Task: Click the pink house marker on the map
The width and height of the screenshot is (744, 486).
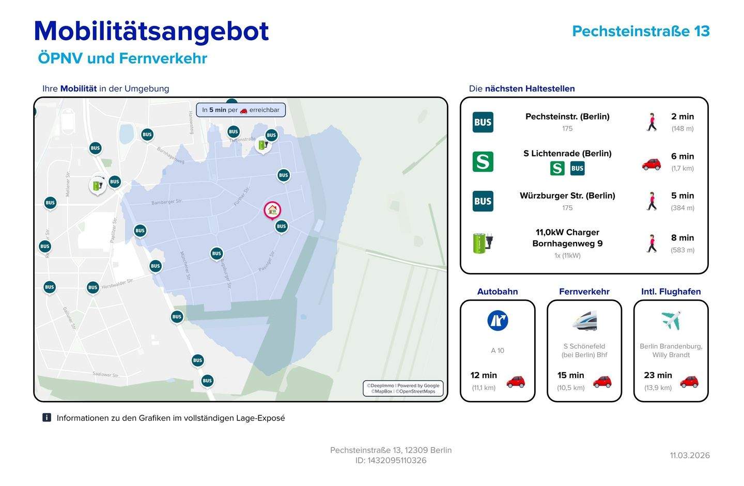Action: click(x=272, y=210)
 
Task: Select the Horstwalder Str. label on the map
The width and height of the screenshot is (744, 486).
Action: click(x=117, y=284)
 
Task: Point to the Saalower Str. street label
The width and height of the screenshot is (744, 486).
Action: click(x=106, y=374)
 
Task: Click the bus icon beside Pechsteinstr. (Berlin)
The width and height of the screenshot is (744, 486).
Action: click(x=483, y=122)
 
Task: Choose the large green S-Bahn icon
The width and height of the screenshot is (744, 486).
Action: click(x=483, y=161)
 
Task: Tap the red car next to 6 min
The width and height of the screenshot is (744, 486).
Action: click(x=651, y=164)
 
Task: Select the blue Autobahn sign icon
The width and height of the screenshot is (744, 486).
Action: click(x=498, y=320)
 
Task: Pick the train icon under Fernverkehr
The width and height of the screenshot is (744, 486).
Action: click(x=584, y=320)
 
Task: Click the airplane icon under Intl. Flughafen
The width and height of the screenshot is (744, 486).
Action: click(x=671, y=320)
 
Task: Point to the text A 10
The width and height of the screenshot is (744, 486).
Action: click(x=498, y=350)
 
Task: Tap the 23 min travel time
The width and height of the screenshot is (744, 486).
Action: click(x=658, y=375)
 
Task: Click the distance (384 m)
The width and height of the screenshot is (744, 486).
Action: click(x=683, y=208)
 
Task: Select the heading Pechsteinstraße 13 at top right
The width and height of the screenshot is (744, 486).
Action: click(x=641, y=31)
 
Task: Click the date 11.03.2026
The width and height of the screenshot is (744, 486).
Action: click(x=690, y=455)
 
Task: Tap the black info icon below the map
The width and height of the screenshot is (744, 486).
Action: click(x=47, y=417)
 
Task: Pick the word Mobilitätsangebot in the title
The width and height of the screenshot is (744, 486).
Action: click(x=151, y=31)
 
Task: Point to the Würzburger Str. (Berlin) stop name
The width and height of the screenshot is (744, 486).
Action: click(x=567, y=196)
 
